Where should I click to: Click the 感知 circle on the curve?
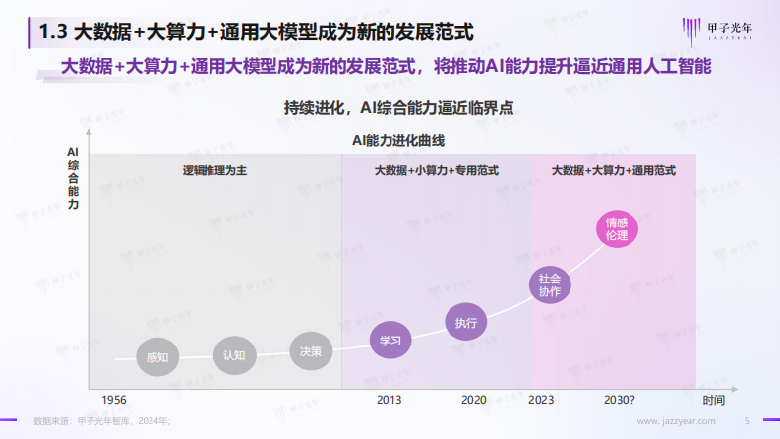(x=157, y=356)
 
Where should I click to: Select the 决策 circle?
(x=311, y=349)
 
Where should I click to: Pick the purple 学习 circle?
(x=390, y=341)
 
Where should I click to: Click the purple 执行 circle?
(x=466, y=322)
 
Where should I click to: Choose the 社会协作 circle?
(x=550, y=284)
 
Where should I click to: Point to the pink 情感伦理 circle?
(x=617, y=228)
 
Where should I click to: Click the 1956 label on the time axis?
(x=114, y=400)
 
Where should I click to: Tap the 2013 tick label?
(x=390, y=400)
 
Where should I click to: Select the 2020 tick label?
(x=474, y=400)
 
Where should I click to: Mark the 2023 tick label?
(x=541, y=400)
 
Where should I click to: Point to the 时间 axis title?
(x=713, y=400)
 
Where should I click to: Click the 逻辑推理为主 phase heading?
(x=214, y=170)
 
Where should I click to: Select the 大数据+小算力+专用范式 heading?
(x=436, y=170)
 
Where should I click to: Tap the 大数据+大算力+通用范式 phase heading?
(x=614, y=170)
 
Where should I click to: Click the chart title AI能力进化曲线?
(x=391, y=141)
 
